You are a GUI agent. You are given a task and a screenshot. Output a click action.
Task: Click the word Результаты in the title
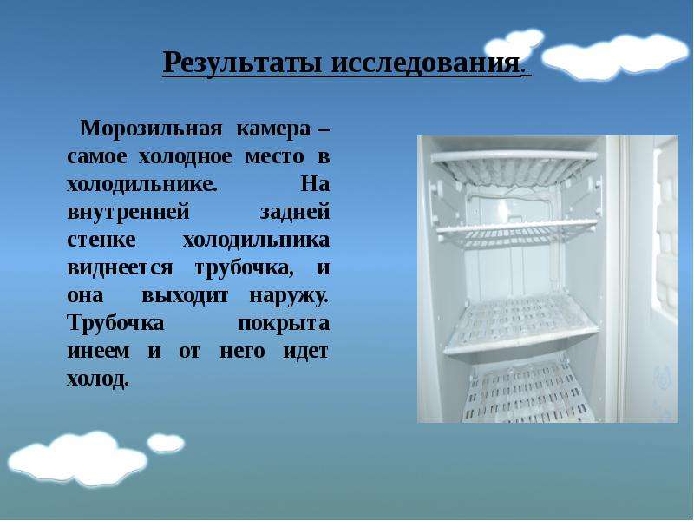[x=242, y=63]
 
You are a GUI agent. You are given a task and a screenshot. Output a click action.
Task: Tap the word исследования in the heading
[x=425, y=63]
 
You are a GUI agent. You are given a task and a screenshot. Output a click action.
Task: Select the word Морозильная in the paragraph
[x=151, y=129]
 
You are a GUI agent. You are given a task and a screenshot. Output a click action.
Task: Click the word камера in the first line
[x=273, y=129]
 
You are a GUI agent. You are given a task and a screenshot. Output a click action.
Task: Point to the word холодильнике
[x=142, y=184]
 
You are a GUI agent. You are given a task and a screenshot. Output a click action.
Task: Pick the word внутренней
[x=128, y=212]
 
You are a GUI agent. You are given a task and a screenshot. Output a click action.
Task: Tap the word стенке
[x=101, y=241]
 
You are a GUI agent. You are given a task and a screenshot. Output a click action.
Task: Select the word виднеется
[x=120, y=267]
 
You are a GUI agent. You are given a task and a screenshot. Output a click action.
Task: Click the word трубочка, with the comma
[x=245, y=268]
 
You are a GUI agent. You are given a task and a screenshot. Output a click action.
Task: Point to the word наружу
[x=290, y=296]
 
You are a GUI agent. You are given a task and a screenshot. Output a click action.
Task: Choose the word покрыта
[x=284, y=324]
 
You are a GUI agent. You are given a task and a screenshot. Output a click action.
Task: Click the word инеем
[x=98, y=352]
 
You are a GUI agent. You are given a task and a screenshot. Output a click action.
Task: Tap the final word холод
[x=97, y=379]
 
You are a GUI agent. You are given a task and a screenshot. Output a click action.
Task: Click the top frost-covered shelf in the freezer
[x=514, y=168]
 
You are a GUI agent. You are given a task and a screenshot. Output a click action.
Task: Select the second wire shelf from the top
[x=517, y=232]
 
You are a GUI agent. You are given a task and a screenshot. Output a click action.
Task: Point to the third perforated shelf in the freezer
[x=521, y=323]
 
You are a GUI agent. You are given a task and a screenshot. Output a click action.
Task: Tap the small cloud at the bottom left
[x=166, y=443]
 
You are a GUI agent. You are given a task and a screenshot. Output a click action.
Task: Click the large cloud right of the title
[x=615, y=56]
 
